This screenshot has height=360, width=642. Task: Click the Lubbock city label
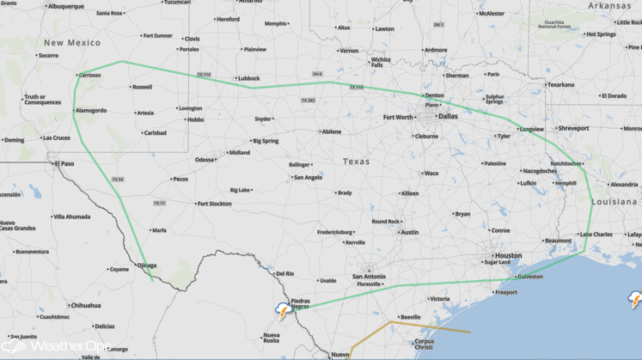coord(248,78)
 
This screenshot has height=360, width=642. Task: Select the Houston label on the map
coord(508,255)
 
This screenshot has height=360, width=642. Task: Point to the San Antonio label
coord(370,276)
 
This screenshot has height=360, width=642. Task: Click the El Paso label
coord(64,163)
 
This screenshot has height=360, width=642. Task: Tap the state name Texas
coord(356,162)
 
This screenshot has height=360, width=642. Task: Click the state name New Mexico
coord(71,41)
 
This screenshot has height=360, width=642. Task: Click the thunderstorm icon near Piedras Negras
coord(281,309)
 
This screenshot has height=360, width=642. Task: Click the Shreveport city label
coord(573,128)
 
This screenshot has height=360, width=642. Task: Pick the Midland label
coord(239,153)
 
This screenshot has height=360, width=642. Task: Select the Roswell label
coord(142,87)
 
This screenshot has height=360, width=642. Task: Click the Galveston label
coord(530,277)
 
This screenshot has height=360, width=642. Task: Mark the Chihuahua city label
coord(85,305)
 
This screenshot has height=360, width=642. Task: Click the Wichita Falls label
coord(380,62)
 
